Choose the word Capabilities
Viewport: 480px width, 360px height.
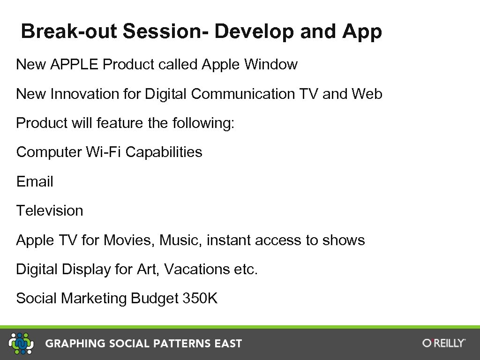tap(164, 152)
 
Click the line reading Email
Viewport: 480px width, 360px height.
tap(35, 182)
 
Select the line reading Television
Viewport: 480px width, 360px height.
tap(50, 211)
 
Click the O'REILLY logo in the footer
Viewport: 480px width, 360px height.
tap(443, 343)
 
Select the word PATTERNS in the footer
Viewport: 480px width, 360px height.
tap(178, 344)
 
